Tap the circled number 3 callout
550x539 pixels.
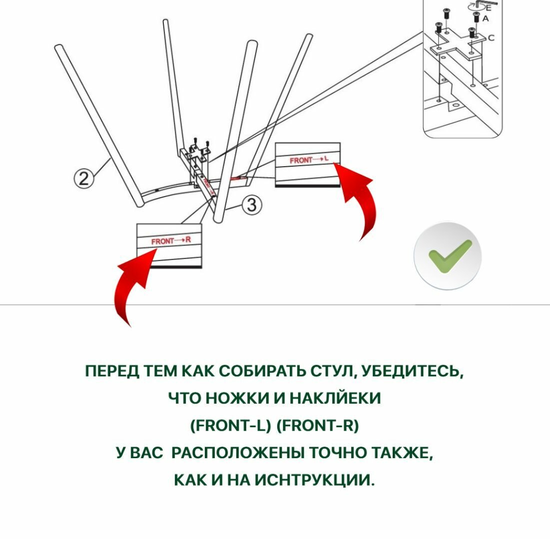pyautogui.click(x=252, y=205)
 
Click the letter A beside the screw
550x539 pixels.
pyautogui.click(x=486, y=18)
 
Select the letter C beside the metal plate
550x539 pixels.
pyautogui.click(x=491, y=38)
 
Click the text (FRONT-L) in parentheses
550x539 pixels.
pyautogui.click(x=231, y=425)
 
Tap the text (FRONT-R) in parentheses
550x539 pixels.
pyautogui.click(x=317, y=425)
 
